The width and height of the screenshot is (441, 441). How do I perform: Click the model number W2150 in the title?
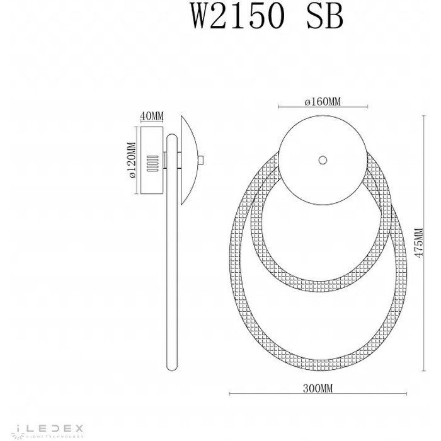click(232, 18)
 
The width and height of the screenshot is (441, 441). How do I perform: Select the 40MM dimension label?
click(151, 116)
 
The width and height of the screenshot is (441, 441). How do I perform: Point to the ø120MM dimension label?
click(131, 160)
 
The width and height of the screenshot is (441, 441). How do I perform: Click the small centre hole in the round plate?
click(323, 161)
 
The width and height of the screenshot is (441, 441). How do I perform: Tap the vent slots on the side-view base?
click(151, 163)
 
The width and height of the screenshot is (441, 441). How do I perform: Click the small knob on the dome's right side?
click(202, 160)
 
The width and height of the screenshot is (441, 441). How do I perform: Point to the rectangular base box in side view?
click(151, 161)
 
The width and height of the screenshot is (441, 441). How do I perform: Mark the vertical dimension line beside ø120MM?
click(135, 161)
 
